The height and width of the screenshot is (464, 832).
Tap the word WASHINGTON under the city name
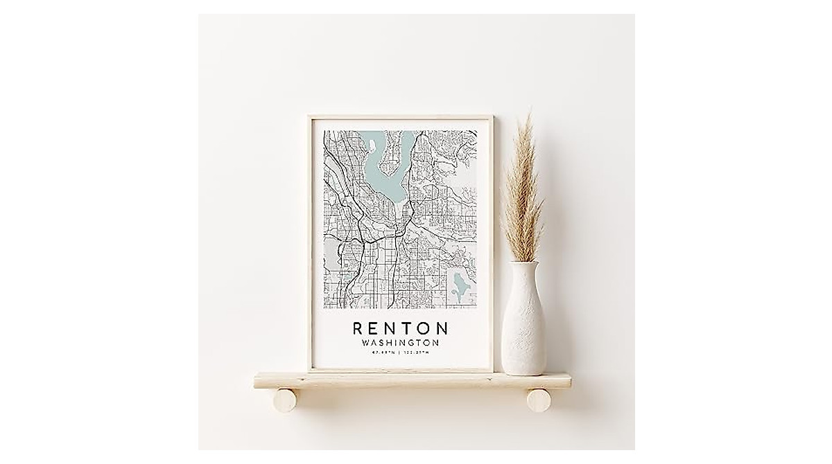[401, 343]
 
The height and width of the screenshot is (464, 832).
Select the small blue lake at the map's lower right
[457, 284]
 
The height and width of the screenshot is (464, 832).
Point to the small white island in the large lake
[373, 145]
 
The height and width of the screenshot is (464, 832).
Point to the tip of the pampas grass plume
[530, 111]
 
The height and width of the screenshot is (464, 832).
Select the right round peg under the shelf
[537, 400]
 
